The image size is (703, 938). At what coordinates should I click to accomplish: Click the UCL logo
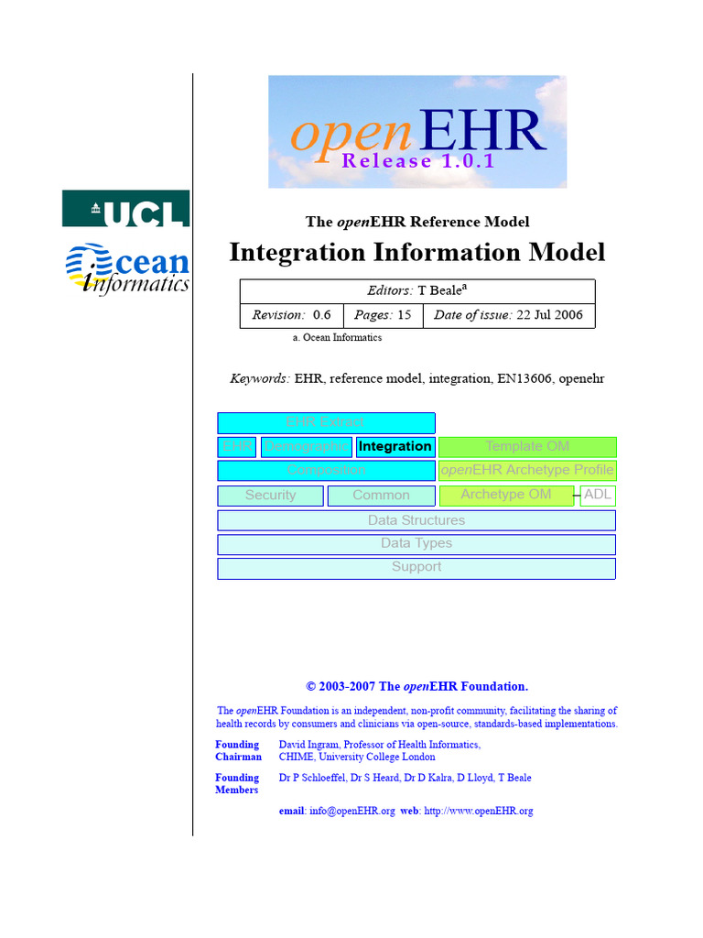click(x=125, y=209)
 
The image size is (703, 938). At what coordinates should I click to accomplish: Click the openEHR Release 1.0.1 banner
click(x=417, y=132)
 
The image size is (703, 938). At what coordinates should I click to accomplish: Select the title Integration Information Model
click(x=416, y=253)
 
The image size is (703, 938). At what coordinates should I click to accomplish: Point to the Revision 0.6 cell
click(x=291, y=315)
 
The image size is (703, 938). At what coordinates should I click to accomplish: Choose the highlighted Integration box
click(x=395, y=447)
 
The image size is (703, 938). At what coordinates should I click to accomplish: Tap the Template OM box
click(x=527, y=447)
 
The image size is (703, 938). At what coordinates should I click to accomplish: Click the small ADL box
click(x=598, y=496)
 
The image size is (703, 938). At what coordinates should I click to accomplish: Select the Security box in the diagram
click(x=270, y=496)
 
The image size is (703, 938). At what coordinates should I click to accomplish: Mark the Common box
click(x=381, y=496)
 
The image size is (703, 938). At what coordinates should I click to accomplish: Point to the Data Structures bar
click(x=416, y=520)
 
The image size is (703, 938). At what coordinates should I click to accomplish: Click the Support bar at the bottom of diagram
click(x=416, y=568)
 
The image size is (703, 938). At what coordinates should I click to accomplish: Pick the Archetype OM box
click(x=506, y=496)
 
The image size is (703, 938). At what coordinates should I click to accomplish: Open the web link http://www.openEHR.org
click(x=479, y=812)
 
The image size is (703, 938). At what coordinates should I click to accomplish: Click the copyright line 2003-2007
click(x=416, y=686)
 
